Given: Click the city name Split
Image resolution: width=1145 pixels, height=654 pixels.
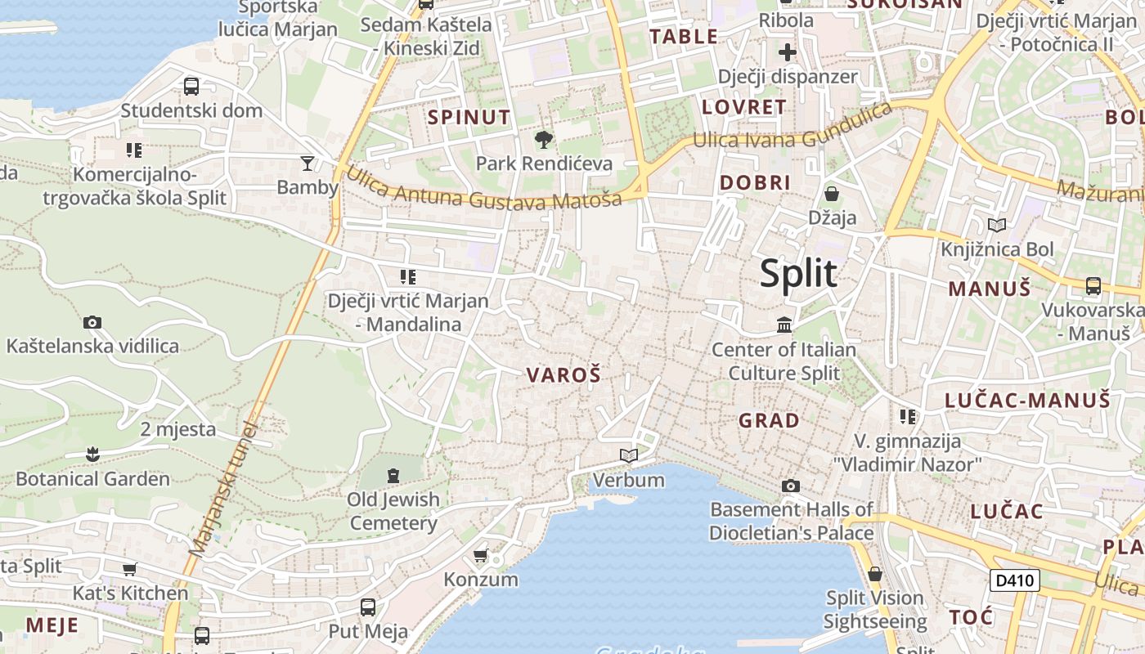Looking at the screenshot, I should (x=798, y=274).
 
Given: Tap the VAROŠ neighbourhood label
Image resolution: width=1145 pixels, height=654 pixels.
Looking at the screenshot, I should (x=564, y=375).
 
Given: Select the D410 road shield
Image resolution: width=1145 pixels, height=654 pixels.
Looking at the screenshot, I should (x=1014, y=581).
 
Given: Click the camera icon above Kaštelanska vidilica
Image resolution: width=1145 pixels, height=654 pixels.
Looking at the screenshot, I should (x=92, y=322).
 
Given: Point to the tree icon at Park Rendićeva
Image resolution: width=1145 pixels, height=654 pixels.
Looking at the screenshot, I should (x=543, y=140).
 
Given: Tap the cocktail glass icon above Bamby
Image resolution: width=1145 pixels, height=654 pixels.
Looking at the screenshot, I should (x=307, y=163).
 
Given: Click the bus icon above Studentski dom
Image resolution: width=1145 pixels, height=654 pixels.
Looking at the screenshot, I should (x=191, y=86).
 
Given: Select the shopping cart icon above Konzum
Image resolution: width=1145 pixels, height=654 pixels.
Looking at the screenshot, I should (x=480, y=555).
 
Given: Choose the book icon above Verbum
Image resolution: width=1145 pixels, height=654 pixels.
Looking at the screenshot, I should (x=628, y=455).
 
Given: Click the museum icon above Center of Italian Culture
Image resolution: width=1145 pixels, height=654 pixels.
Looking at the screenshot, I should (x=784, y=325).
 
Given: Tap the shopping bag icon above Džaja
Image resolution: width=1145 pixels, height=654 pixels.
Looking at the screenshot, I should (x=832, y=194).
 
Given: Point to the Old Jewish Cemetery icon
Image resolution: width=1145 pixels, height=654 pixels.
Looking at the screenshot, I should (x=393, y=475).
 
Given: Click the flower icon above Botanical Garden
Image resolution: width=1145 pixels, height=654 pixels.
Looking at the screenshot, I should (x=92, y=454).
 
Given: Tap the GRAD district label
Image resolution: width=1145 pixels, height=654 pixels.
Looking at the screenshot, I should (x=769, y=421).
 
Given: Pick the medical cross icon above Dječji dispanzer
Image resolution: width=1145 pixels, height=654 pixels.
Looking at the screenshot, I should (x=787, y=53).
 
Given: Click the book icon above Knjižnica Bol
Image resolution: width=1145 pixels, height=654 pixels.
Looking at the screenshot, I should (x=997, y=225).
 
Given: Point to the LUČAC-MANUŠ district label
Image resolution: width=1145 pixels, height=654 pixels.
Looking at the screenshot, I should (x=1028, y=401).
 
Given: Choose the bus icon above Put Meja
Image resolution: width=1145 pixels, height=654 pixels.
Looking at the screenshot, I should (x=368, y=607).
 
